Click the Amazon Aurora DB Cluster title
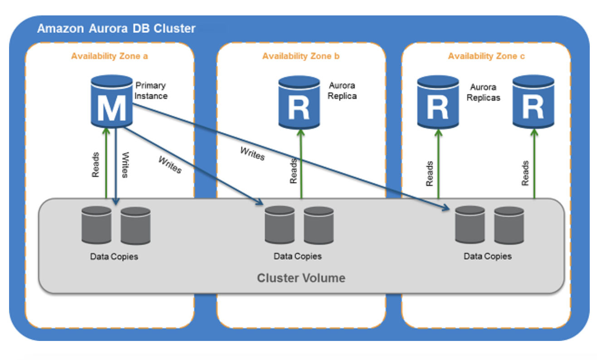click(x=116, y=29)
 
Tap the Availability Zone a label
click(x=110, y=56)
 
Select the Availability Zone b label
click(x=301, y=56)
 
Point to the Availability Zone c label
click(x=486, y=56)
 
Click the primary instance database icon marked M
click(x=112, y=101)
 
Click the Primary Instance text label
click(x=151, y=91)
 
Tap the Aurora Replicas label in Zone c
click(x=485, y=92)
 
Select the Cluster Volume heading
click(x=301, y=277)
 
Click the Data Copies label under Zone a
click(x=114, y=257)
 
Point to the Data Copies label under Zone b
click(x=298, y=256)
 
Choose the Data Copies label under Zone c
click(x=488, y=256)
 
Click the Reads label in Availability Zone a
click(x=96, y=165)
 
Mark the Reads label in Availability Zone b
click(x=294, y=171)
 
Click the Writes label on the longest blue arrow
click(x=252, y=154)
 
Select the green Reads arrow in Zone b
click(x=301, y=163)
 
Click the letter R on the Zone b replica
click(x=298, y=107)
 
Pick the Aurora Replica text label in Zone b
click(x=342, y=91)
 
